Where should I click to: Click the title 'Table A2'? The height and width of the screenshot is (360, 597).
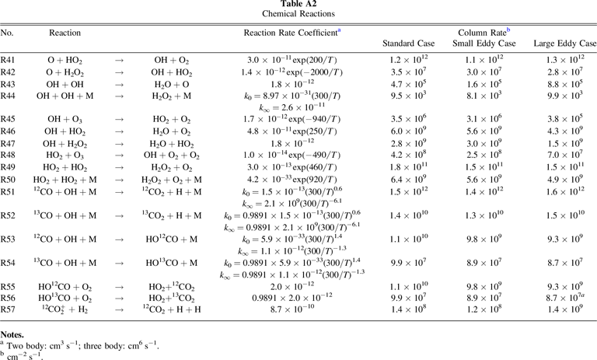[298, 5]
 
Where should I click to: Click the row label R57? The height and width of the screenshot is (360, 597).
[9, 309]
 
